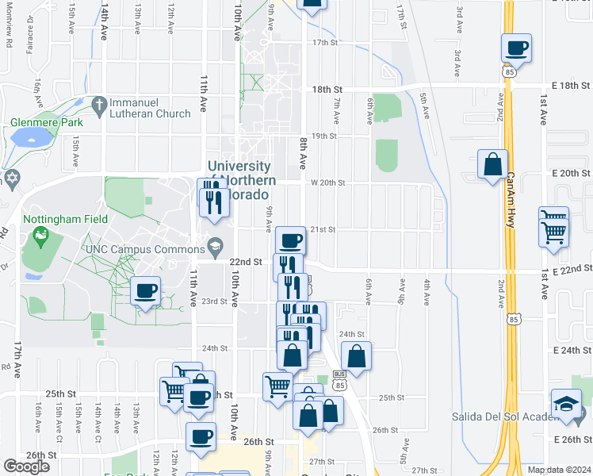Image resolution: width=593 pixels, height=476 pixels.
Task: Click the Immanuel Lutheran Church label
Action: pos(150,108)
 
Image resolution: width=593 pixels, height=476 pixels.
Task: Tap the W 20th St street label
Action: pos(327,182)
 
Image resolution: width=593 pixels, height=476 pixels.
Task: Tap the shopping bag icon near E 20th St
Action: pos(493,165)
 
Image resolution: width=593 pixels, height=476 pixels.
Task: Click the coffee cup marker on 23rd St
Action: pos(146,291)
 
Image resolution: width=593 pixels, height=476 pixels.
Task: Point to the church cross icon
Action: pos(99,103)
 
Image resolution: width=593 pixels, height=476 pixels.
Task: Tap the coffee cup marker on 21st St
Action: pos(289,240)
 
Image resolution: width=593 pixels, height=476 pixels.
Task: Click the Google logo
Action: pos(26,466)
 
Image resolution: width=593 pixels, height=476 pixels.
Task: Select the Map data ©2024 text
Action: pos(559,470)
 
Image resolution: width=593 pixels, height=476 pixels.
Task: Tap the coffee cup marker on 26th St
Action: pos(201,436)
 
